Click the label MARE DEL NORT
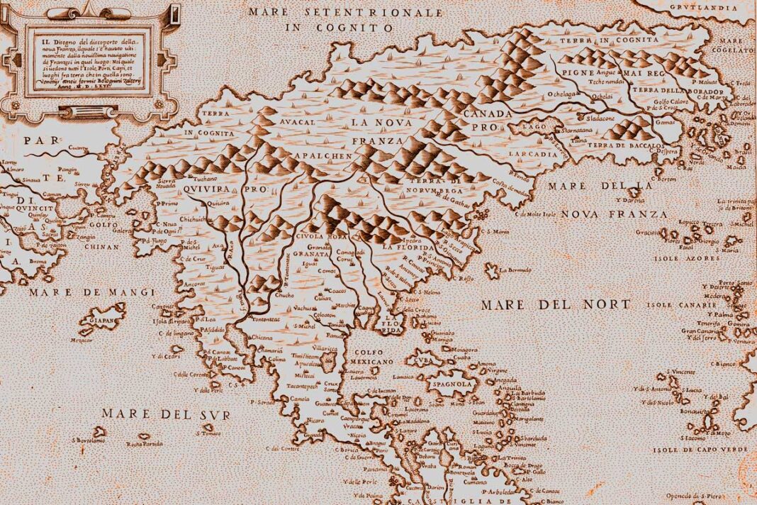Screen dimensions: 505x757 click(x=555, y=305)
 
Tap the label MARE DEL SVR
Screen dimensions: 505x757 click(x=165, y=414)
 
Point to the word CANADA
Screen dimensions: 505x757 click(x=487, y=114)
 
